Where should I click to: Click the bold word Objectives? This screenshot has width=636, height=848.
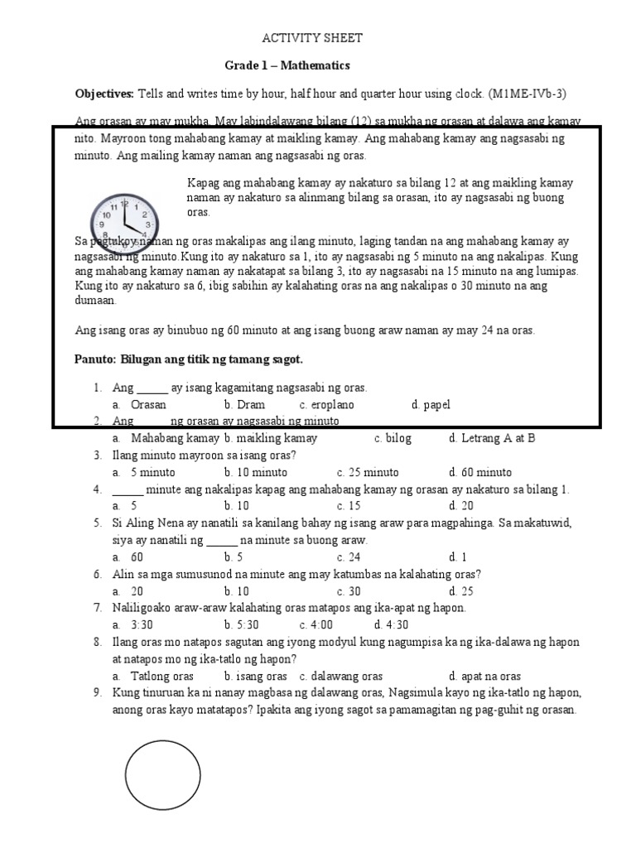[x=105, y=94]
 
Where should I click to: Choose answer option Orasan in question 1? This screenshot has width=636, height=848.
[x=148, y=405]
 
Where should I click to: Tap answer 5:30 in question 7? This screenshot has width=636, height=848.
[x=242, y=625]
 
